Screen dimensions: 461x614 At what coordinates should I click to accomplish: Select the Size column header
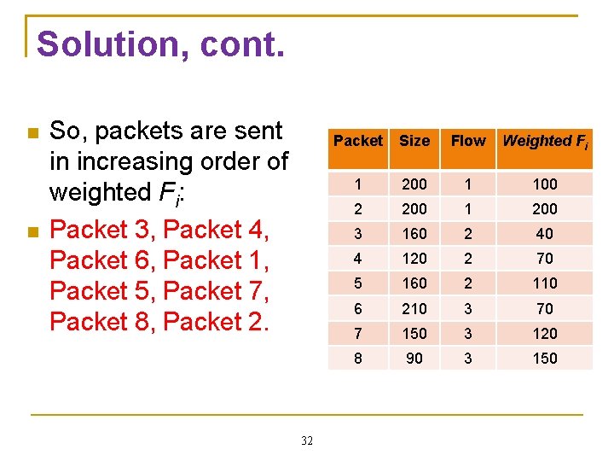[414, 141]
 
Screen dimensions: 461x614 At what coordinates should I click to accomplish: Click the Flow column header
[468, 141]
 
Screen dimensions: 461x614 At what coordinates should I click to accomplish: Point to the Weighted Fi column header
[545, 142]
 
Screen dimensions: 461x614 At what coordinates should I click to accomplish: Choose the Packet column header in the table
[358, 141]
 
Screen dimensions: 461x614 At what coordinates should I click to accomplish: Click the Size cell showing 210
[414, 309]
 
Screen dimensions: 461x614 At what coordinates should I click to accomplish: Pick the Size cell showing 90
[414, 359]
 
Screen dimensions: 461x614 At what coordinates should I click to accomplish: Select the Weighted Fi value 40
[544, 234]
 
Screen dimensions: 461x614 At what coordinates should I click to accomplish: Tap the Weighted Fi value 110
[544, 283]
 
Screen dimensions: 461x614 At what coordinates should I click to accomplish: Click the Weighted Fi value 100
[544, 184]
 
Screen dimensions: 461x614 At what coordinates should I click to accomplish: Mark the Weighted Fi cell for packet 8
[544, 359]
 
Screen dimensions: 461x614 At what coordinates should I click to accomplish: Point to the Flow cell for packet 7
[468, 334]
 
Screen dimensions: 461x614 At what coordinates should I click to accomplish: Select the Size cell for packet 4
[414, 259]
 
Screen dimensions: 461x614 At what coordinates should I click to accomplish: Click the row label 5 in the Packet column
[358, 283]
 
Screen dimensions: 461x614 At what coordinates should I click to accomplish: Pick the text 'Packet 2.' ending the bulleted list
[215, 322]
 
